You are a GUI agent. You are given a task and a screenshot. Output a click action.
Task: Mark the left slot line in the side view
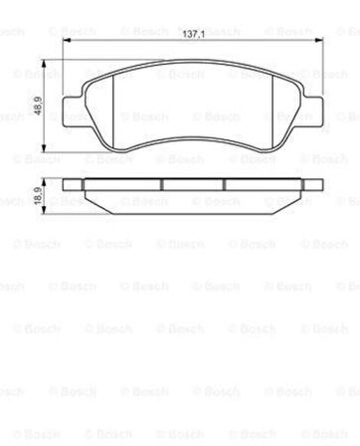160,184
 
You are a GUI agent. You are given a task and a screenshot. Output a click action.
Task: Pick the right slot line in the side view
224,184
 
